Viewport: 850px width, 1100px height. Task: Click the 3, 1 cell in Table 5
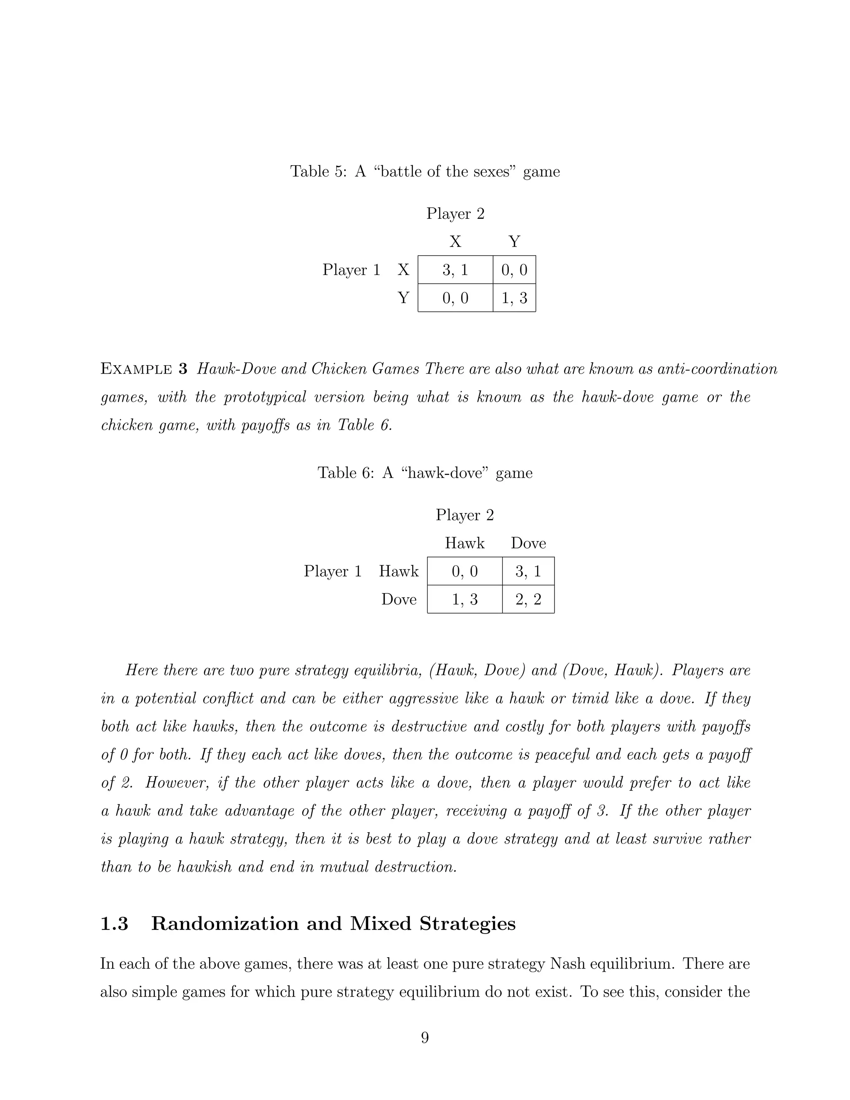tap(455, 270)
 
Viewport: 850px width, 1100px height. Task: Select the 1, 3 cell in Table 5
tap(514, 298)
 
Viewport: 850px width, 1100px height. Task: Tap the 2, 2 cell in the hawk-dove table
tap(528, 599)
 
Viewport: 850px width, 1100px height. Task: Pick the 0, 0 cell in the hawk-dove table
tap(464, 571)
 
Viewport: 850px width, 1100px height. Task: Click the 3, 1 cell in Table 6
tap(528, 571)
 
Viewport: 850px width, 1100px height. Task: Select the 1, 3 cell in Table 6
tap(464, 599)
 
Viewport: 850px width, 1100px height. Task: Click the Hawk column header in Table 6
tap(464, 543)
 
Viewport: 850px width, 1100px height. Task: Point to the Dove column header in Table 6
tap(528, 543)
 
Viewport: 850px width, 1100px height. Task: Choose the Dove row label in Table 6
tap(399, 599)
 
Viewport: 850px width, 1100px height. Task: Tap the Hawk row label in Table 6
tap(398, 571)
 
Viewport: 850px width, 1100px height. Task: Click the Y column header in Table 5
tap(514, 242)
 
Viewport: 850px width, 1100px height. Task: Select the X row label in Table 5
tap(403, 270)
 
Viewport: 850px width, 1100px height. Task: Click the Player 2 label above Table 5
tap(455, 213)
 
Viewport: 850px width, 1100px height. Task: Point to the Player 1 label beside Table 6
tap(333, 571)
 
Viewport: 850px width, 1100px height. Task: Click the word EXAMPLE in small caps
tap(137, 369)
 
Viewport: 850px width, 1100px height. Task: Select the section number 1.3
tap(114, 924)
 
